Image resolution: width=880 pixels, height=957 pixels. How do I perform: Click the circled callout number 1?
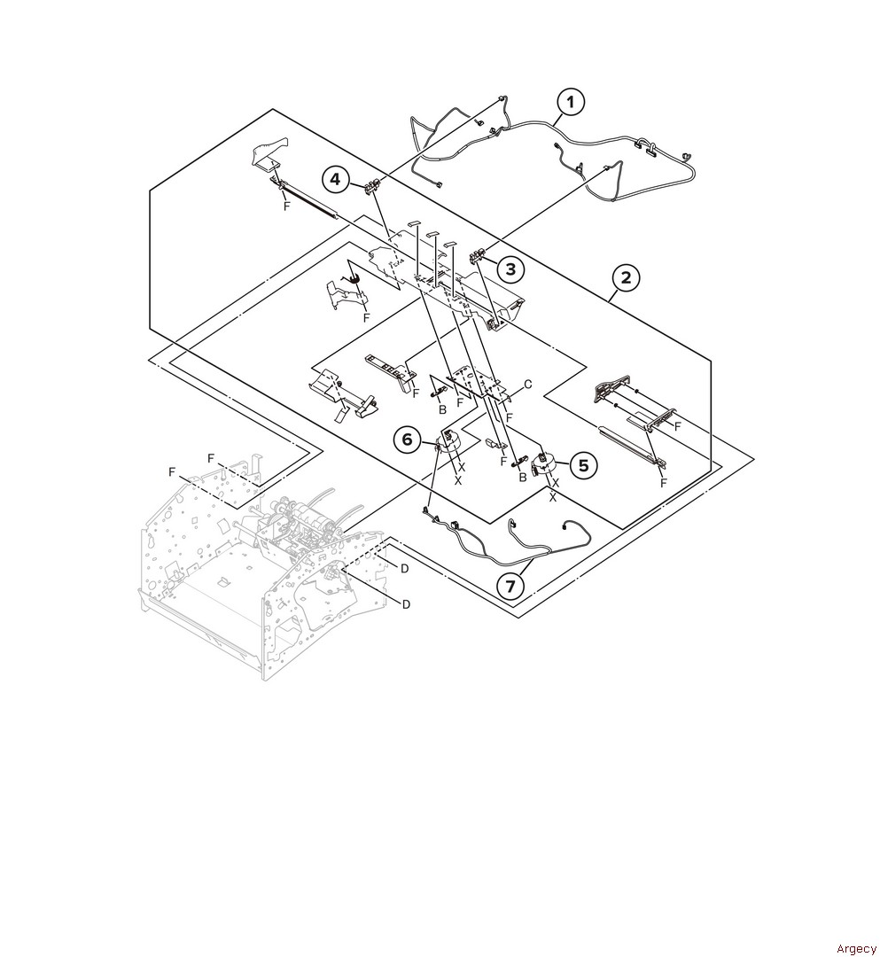[x=571, y=102]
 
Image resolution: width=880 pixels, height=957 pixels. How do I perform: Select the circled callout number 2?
[x=627, y=278]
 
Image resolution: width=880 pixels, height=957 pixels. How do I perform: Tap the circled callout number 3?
[x=510, y=268]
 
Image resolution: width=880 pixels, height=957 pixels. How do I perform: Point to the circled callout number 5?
[x=583, y=465]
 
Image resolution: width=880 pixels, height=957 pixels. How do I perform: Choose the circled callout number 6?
[x=408, y=440]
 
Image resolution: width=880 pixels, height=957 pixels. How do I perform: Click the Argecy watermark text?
[x=856, y=948]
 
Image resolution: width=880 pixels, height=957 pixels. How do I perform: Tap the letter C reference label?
[x=528, y=385]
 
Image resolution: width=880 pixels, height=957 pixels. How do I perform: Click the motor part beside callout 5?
[x=542, y=464]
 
